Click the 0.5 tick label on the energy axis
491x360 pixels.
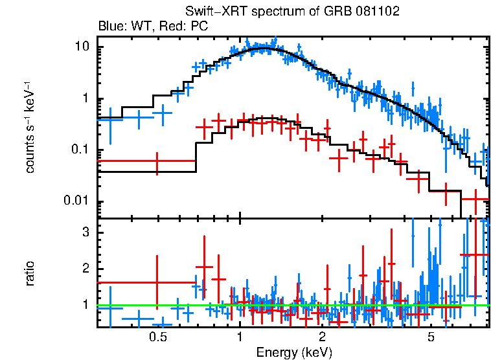(x=157, y=338)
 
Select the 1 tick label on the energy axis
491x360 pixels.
(x=240, y=338)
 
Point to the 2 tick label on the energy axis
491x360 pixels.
(x=322, y=338)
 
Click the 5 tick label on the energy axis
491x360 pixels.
(x=431, y=338)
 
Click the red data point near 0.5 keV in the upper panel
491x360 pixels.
(x=157, y=161)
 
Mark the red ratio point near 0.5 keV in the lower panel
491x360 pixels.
(x=157, y=282)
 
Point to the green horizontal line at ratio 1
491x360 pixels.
(x=363, y=305)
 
